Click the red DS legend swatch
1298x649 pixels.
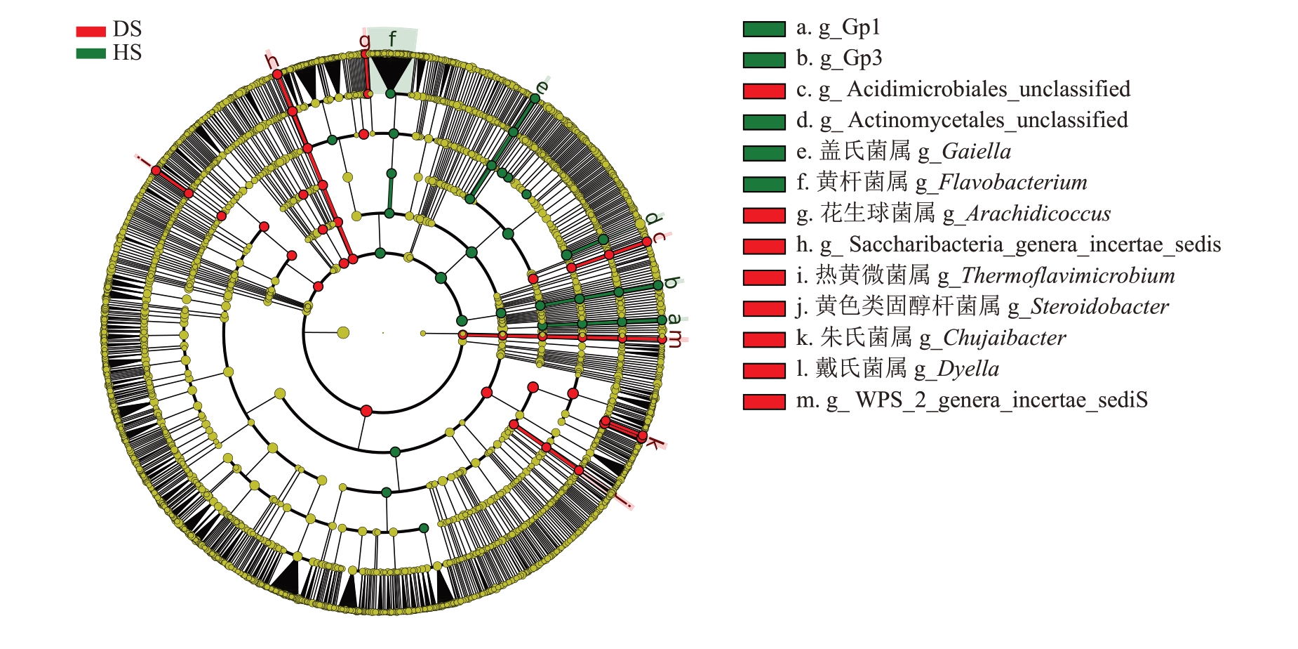[x=91, y=32]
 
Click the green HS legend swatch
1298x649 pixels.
[x=91, y=53]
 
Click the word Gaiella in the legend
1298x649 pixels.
[x=975, y=152]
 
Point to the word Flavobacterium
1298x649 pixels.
[x=1012, y=183]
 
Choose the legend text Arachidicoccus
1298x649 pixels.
[x=1037, y=214]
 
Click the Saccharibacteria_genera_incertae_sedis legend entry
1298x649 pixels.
[x=1034, y=245]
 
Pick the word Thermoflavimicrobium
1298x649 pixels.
[x=1066, y=276]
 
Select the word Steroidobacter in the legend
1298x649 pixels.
[x=1099, y=307]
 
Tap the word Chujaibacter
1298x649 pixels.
[x=1003, y=338]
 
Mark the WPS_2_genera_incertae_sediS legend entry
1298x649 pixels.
[x=1000, y=400]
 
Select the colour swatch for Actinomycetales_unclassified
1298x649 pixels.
[x=764, y=122]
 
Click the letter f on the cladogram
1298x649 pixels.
[x=392, y=38]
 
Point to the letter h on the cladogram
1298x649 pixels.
[x=272, y=62]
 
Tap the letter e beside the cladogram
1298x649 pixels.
[x=541, y=87]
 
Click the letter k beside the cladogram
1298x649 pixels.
[x=653, y=442]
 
